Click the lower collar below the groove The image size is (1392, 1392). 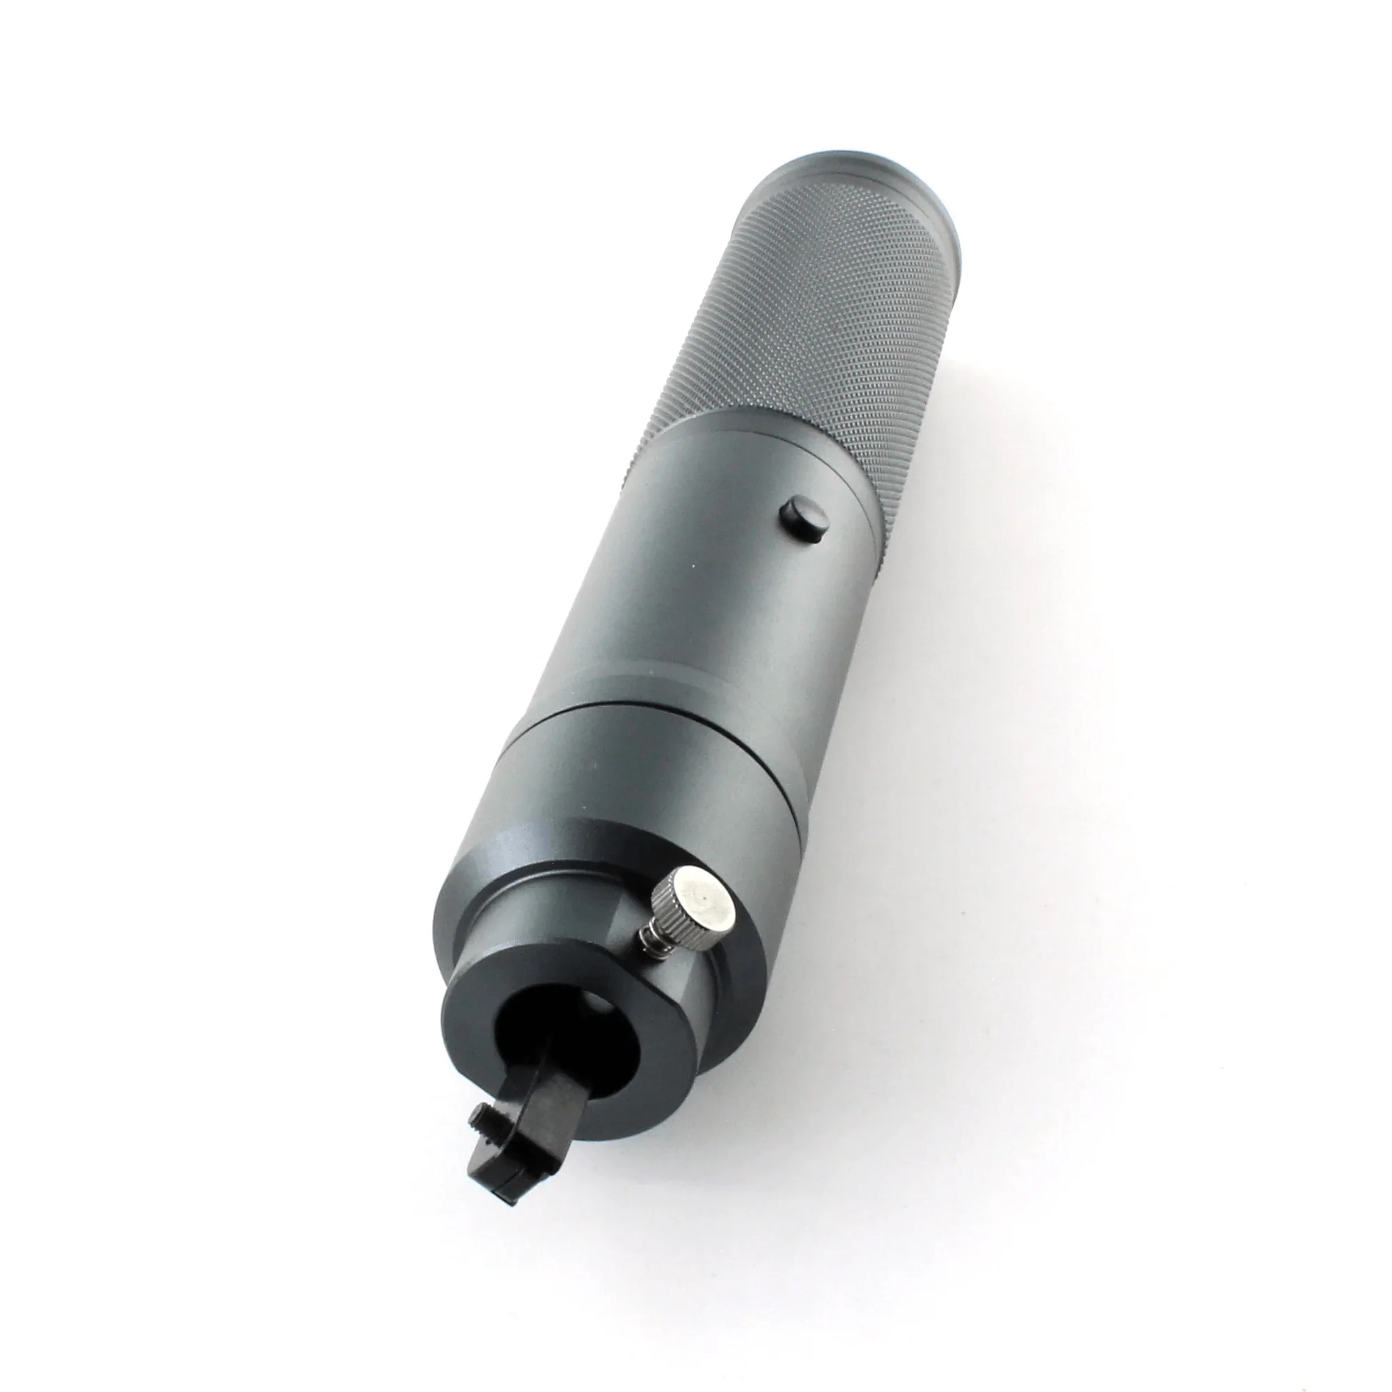click(x=649, y=778)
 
